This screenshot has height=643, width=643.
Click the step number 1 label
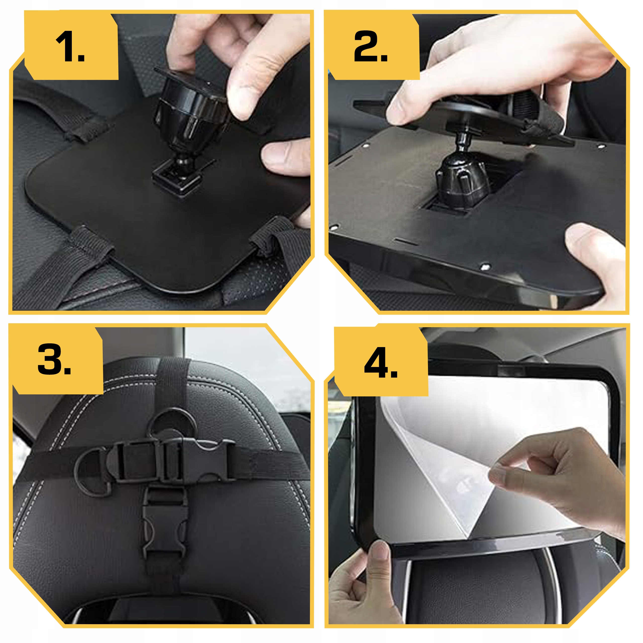point(70,47)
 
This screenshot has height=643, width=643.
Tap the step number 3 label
point(54,359)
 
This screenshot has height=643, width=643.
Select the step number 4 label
point(381,362)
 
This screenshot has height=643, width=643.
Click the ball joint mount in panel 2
point(463,176)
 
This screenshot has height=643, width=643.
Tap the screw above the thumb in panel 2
point(485,266)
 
